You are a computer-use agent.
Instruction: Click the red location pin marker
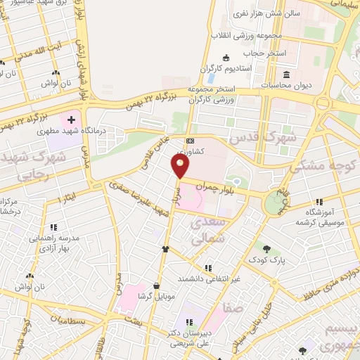tap(181, 166)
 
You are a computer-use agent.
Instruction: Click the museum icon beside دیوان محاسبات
tap(287, 74)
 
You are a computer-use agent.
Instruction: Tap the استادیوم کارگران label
tap(206, 68)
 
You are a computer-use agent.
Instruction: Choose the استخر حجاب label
tap(262, 52)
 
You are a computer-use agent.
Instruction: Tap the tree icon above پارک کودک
tap(267, 248)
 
